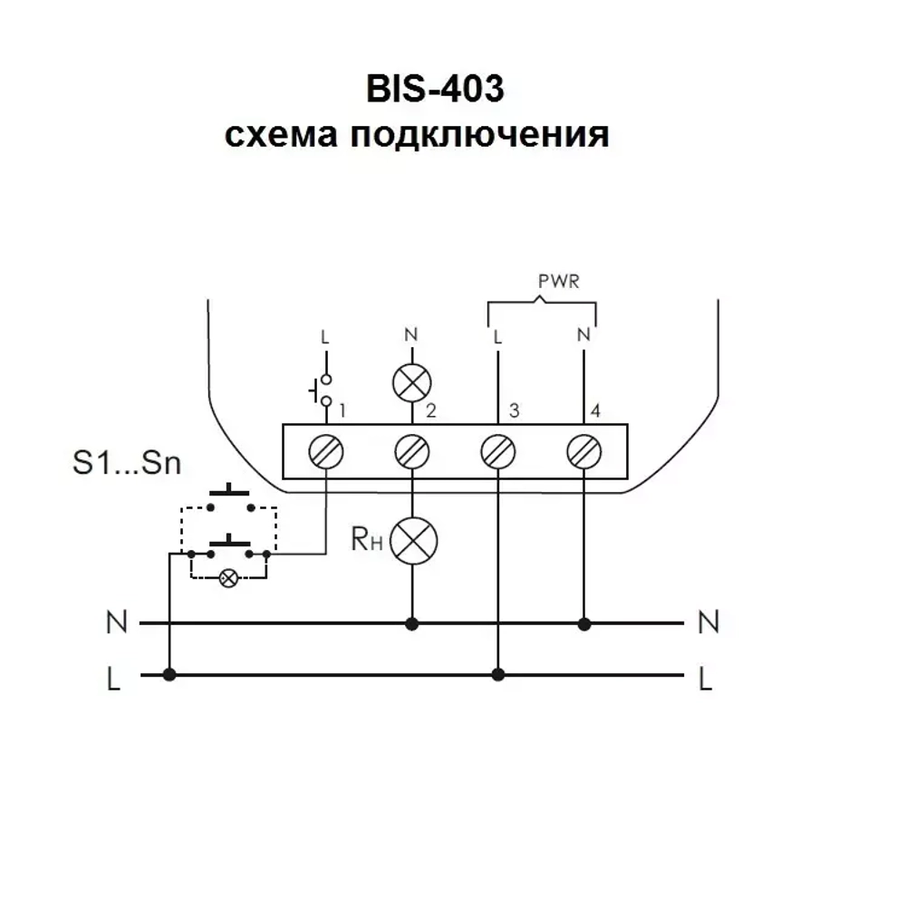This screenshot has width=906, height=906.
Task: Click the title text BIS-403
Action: coord(434,91)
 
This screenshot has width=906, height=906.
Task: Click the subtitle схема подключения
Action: coord(416,135)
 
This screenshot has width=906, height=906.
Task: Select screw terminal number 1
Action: coord(326,450)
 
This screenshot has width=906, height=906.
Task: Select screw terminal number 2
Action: coord(413,450)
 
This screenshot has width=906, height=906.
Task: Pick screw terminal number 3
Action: coord(496,450)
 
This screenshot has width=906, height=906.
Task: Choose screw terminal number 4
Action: coord(583,450)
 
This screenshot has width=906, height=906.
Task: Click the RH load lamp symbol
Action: coord(413,541)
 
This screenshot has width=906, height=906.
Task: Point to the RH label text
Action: coord(367,541)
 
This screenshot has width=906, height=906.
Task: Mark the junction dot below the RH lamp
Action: coord(413,623)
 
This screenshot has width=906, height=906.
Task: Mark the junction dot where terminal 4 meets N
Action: coord(584,623)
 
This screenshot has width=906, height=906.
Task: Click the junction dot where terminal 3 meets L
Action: coord(496,675)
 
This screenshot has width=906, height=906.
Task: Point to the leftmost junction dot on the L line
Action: coord(169,675)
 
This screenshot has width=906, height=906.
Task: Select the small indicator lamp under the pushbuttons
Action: coord(229,577)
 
